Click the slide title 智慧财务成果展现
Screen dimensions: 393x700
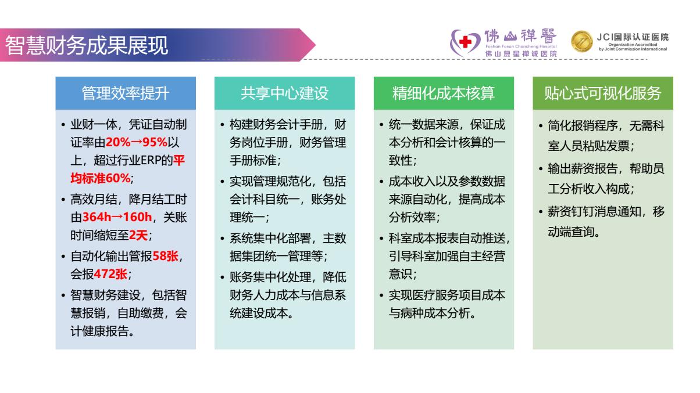click(x=87, y=45)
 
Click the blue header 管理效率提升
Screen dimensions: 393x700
click(x=126, y=93)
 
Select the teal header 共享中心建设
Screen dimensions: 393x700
click(x=284, y=93)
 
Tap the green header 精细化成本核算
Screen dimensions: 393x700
click(x=444, y=93)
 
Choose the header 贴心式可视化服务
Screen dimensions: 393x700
click(x=603, y=93)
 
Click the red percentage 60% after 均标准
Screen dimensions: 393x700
click(x=119, y=179)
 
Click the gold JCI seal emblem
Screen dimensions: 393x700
click(x=581, y=41)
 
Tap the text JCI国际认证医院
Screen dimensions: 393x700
click(x=633, y=37)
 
